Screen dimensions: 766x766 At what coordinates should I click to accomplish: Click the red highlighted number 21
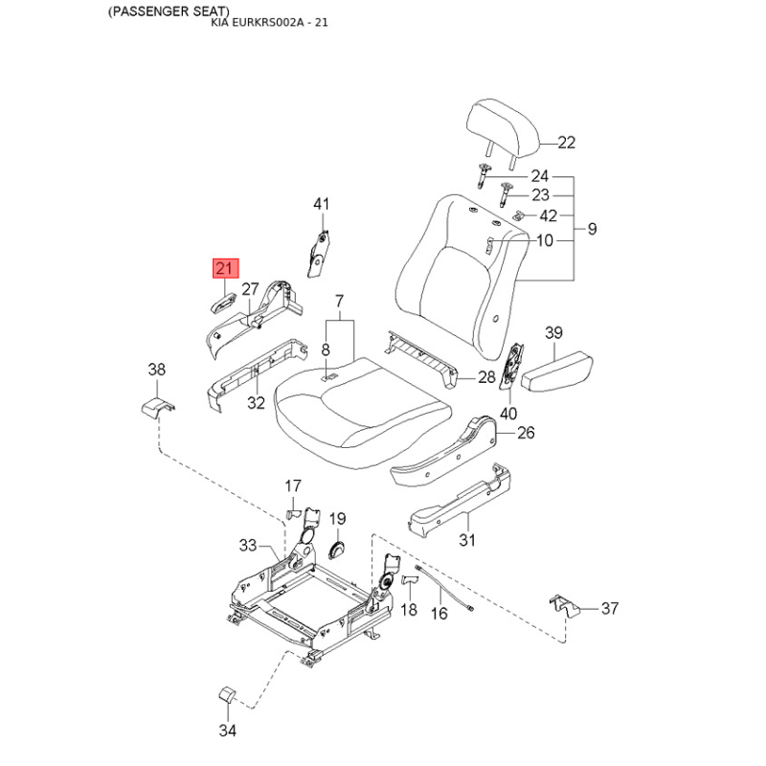click(x=225, y=268)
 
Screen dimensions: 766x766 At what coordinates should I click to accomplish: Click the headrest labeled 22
click(x=503, y=129)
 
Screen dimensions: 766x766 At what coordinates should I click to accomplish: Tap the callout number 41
click(x=321, y=204)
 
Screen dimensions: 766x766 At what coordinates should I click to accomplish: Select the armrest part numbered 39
click(x=557, y=372)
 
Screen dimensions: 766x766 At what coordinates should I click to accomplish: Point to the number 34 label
click(x=227, y=731)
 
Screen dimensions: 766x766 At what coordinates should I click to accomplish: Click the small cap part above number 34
click(x=227, y=695)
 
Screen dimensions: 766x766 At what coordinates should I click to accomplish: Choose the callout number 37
click(x=610, y=608)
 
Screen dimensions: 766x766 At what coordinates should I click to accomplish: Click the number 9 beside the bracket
click(x=592, y=229)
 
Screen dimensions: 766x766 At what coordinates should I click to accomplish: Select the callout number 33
click(x=248, y=545)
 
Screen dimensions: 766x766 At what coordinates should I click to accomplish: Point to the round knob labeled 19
click(x=337, y=551)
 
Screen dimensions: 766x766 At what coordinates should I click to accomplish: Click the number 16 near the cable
click(x=439, y=613)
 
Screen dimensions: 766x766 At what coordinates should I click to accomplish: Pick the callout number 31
click(x=466, y=540)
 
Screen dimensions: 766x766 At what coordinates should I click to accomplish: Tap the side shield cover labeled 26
click(x=443, y=452)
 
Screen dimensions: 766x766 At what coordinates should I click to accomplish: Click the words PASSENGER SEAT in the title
click(x=169, y=11)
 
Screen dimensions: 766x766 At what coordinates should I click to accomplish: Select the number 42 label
click(x=548, y=215)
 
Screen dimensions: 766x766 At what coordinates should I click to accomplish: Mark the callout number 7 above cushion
click(x=340, y=301)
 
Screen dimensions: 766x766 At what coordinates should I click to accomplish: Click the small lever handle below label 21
click(x=223, y=304)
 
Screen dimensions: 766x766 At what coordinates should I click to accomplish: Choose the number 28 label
click(x=486, y=376)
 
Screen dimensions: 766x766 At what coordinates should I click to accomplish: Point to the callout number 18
click(x=409, y=609)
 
